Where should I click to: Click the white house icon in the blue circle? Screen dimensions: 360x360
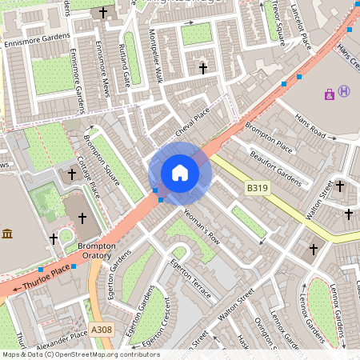180,172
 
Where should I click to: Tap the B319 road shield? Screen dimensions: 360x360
256,187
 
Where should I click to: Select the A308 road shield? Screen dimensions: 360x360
102,330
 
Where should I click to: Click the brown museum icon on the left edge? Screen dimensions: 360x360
7,234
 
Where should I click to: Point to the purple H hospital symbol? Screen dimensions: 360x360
344,91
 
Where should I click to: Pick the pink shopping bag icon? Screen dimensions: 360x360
329,94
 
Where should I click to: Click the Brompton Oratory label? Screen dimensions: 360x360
97,250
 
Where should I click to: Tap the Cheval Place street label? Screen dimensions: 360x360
192,117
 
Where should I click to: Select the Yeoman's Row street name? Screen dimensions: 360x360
202,226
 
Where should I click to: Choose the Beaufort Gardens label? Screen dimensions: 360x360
275,168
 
